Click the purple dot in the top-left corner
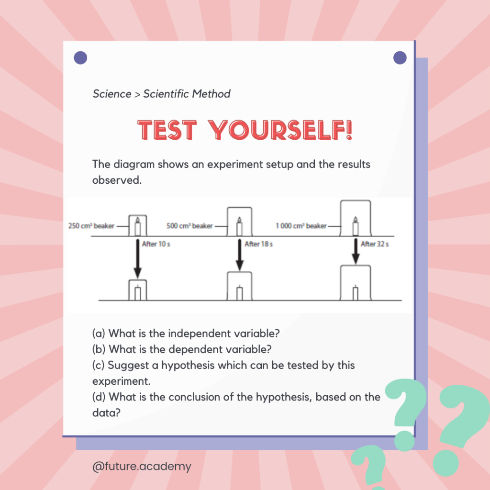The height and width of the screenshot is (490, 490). [x=80, y=58]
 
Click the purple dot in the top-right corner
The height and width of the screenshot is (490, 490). [x=400, y=58]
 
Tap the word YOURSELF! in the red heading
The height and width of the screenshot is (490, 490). [x=280, y=130]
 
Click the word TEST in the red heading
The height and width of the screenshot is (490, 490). [x=167, y=130]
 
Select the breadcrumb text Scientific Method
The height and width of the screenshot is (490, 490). [x=187, y=94]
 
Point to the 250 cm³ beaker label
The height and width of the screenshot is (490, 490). [x=91, y=226]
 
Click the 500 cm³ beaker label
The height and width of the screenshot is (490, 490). [x=189, y=226]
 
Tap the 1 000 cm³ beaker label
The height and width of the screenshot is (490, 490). [x=301, y=226]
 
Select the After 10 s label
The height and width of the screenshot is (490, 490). [x=156, y=244]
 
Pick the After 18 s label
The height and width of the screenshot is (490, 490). [x=258, y=244]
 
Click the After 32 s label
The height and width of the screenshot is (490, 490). [x=375, y=244]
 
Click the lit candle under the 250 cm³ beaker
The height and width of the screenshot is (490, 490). [x=137, y=227]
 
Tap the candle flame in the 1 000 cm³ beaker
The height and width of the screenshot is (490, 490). [x=356, y=219]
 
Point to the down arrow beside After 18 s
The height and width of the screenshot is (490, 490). [x=239, y=255]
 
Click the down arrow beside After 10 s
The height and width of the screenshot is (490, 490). [x=137, y=258]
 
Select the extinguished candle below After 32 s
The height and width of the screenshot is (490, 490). [x=356, y=293]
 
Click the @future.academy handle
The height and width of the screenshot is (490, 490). [x=142, y=466]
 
